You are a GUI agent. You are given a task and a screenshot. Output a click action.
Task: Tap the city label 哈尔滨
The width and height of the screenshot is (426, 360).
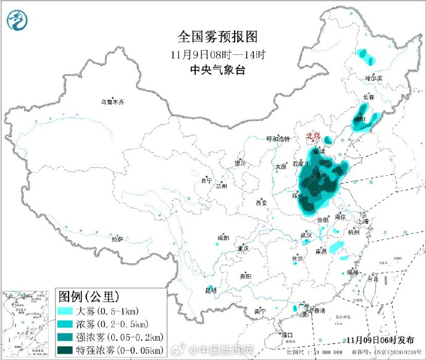pyautogui.click(x=374, y=78)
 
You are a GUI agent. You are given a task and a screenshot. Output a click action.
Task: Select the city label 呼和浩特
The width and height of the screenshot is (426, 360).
pyautogui.click(x=277, y=139)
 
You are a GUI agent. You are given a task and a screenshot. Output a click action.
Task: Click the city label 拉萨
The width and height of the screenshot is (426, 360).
pyautogui.click(x=117, y=239)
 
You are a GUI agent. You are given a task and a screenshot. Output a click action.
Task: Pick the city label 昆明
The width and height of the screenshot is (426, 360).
pyautogui.click(x=211, y=291)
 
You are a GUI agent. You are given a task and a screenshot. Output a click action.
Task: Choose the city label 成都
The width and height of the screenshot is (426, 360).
pyautogui.click(x=222, y=238)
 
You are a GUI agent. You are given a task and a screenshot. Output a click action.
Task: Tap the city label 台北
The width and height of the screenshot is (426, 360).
pyautogui.click(x=372, y=278)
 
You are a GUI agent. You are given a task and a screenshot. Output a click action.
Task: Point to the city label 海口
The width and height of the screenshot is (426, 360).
pyautogui.click(x=286, y=335)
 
